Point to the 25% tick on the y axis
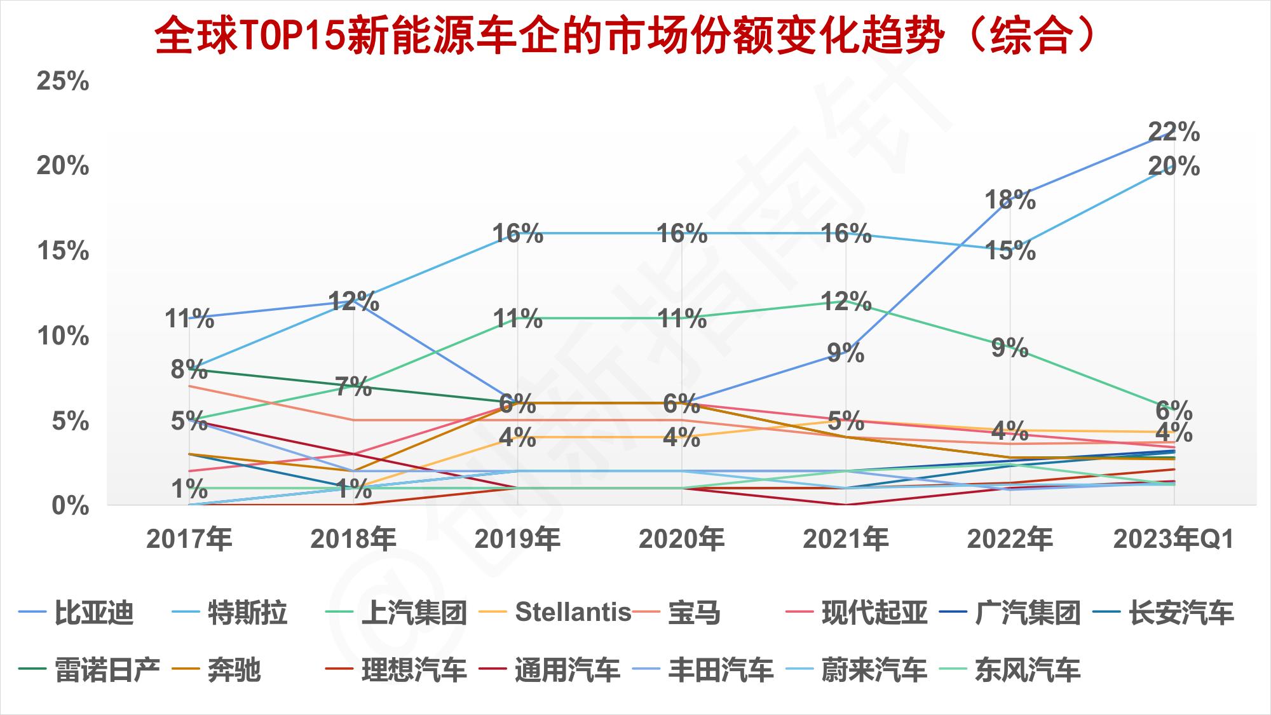[x=62, y=81]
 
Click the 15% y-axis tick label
[x=62, y=251]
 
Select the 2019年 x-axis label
[x=517, y=540]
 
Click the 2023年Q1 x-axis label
[x=1173, y=540]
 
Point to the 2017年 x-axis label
[x=189, y=540]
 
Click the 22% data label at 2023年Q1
[x=1174, y=132]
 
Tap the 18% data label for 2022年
[x=1010, y=200]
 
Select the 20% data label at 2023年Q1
[x=1174, y=167]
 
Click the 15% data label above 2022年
[x=1010, y=251]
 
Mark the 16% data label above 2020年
[x=682, y=234]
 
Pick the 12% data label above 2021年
[x=846, y=301]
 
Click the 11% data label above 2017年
[x=189, y=318]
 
